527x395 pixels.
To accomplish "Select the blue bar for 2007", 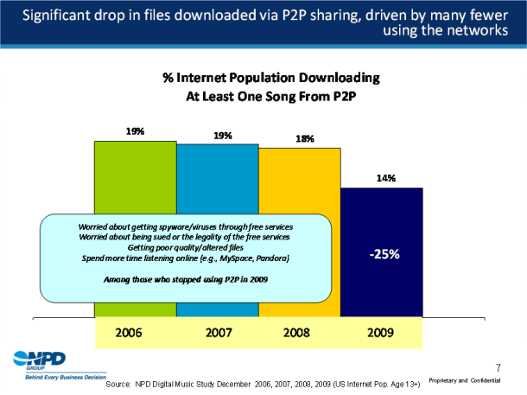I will click(x=218, y=182).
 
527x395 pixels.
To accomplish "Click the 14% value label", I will click(x=385, y=178).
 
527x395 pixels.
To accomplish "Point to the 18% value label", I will click(x=304, y=138).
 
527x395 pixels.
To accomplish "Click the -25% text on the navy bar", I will click(x=384, y=255).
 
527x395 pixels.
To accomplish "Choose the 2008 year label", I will click(x=300, y=331).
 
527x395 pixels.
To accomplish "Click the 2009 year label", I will click(x=384, y=331).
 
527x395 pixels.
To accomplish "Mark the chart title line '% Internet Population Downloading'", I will click(x=271, y=78).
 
